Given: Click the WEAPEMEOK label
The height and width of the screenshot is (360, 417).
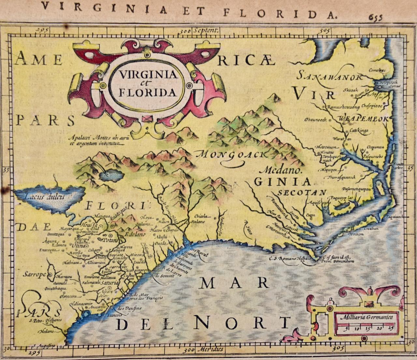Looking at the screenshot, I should (364, 119).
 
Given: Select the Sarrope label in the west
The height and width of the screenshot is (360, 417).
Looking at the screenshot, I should (34, 274).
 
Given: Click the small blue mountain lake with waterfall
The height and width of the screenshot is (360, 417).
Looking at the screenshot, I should (109, 176).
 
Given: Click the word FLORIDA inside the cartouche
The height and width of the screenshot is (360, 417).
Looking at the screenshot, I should (148, 92).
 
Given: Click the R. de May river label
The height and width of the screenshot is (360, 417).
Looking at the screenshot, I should (141, 294).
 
